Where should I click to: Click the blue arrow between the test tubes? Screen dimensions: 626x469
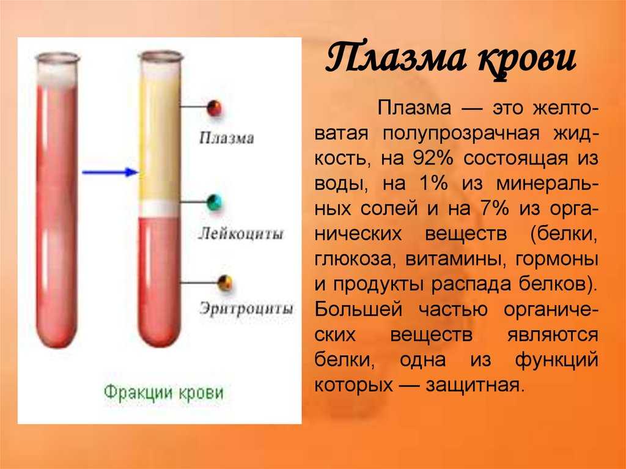point(110,172)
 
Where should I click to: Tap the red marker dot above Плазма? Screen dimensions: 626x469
point(215,108)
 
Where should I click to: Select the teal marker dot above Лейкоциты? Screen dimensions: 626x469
point(215,202)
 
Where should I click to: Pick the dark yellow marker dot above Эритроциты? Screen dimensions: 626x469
point(225,283)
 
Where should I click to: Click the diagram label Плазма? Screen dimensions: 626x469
point(226,138)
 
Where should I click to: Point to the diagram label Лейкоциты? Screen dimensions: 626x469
point(241,233)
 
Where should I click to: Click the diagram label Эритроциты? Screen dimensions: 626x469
point(246,309)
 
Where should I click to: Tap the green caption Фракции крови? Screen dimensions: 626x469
point(164,393)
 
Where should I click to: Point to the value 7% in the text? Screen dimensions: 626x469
point(495,209)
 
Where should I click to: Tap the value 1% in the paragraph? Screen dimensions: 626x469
point(433,183)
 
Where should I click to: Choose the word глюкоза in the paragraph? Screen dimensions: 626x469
point(353,260)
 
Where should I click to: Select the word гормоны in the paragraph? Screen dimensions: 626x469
point(557,260)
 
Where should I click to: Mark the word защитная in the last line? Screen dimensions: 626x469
point(474,385)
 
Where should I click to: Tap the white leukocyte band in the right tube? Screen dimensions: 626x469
point(160,209)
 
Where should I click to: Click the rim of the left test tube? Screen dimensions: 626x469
point(58,59)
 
